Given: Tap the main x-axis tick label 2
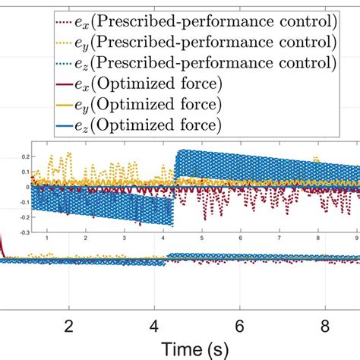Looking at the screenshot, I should click(69, 324).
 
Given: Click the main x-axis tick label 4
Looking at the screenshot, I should click(154, 324).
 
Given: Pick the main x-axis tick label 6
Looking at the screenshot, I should click(239, 324).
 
